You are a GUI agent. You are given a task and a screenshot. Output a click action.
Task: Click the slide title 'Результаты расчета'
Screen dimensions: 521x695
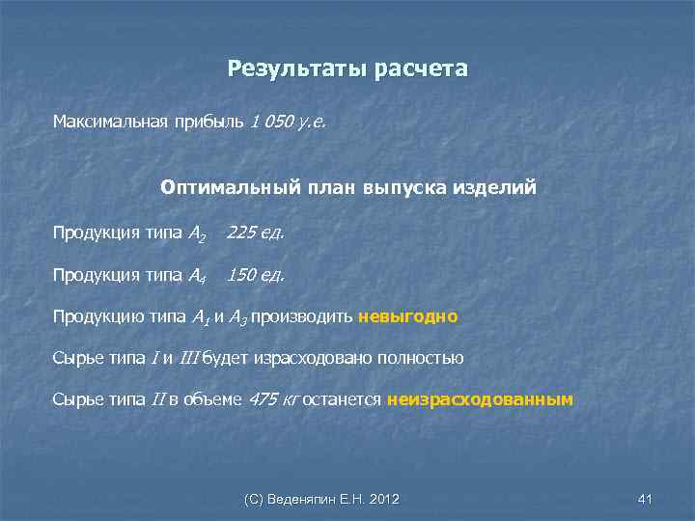pos(347,69)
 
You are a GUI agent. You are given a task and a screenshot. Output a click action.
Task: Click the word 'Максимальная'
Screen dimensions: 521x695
pos(109,123)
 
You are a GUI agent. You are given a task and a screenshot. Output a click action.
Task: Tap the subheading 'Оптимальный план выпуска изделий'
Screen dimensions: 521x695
pos(348,187)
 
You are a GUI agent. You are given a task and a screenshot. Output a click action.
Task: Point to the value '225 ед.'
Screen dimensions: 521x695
pos(256,233)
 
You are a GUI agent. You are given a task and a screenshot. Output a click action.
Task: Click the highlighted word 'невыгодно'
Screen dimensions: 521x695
pos(407,316)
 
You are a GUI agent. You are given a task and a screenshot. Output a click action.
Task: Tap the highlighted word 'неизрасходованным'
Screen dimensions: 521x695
pos(480,398)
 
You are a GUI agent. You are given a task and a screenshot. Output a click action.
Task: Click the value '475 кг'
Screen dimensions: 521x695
pos(274,398)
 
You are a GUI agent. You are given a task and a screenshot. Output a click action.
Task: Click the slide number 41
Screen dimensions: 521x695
pos(646,499)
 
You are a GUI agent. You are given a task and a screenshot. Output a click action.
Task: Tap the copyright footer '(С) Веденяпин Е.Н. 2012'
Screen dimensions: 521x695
pos(322,499)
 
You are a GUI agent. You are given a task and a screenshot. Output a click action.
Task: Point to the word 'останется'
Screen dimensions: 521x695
pos(343,398)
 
